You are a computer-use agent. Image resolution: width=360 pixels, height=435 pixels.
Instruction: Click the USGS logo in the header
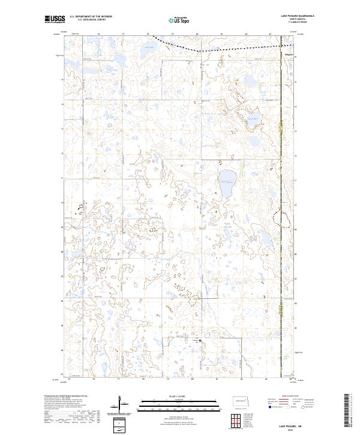(54, 20)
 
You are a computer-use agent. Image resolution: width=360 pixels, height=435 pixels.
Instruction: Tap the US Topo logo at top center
(180, 20)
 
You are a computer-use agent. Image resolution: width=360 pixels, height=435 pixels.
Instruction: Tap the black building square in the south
(200, 343)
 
